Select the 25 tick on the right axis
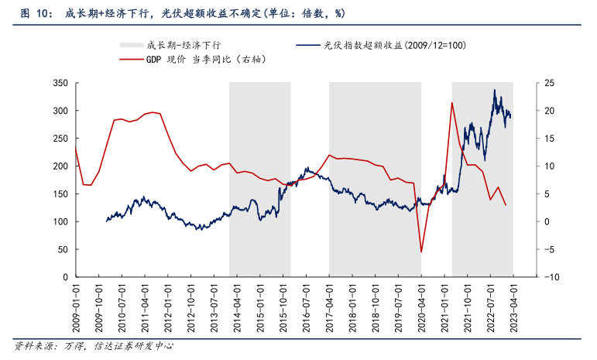(529, 83)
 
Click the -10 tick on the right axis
(530, 277)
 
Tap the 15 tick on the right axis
(529, 139)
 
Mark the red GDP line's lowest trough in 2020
(421, 252)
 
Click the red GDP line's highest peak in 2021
(451, 103)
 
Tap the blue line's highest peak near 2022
(495, 90)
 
